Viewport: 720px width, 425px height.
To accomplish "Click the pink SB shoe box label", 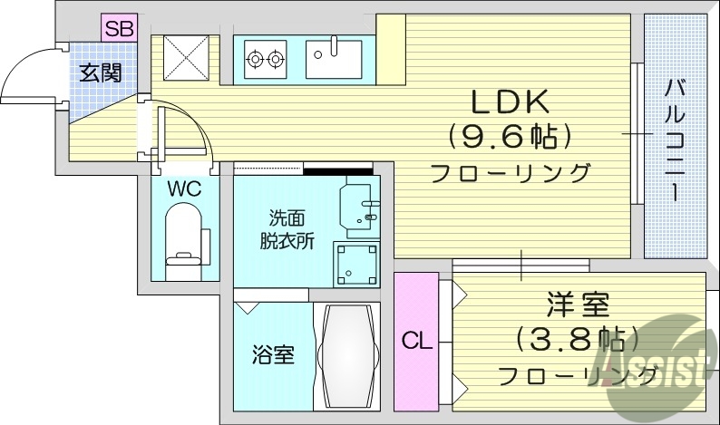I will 119,28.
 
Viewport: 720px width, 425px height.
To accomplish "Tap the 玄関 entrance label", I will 100,73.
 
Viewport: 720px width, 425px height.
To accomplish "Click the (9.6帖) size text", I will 509,137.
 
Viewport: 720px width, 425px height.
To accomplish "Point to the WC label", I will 183,190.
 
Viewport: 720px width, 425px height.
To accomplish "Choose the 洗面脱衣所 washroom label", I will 285,229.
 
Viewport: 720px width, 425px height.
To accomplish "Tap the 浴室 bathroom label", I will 272,354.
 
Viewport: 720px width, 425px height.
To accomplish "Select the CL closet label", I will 415,342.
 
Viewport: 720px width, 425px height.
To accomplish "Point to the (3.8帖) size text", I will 578,340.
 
